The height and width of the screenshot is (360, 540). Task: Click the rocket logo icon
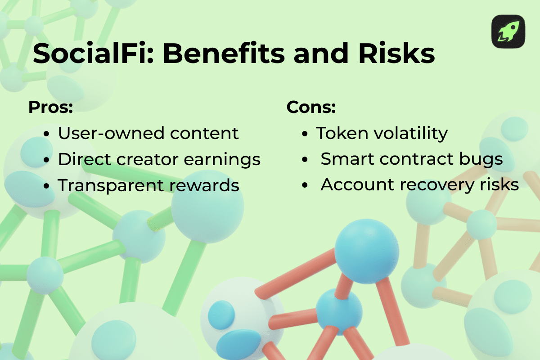(508, 31)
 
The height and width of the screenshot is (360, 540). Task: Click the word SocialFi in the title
(93, 53)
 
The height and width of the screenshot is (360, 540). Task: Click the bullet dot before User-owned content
(47, 134)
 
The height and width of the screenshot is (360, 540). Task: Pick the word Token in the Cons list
(340, 133)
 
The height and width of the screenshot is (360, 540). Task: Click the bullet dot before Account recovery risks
(306, 185)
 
